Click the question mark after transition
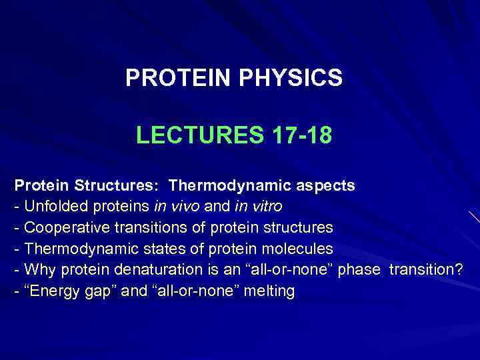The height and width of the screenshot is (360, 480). click(x=459, y=270)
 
